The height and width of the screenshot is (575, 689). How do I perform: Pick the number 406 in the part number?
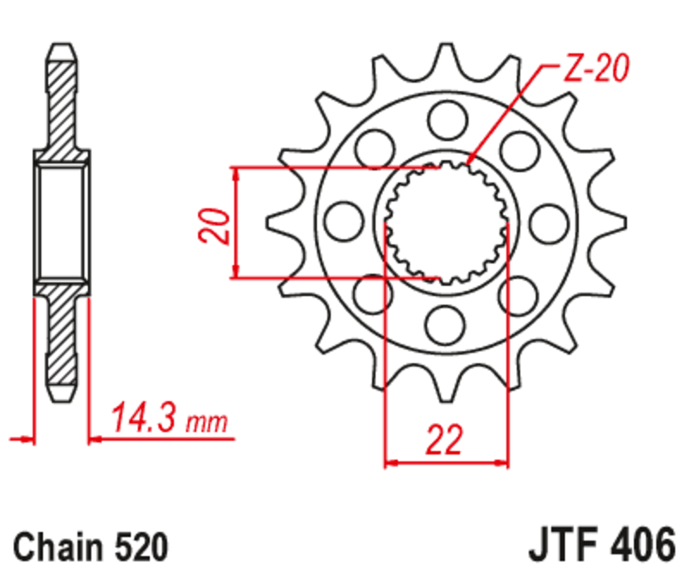click(641, 546)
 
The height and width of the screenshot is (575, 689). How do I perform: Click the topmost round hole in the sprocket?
click(446, 115)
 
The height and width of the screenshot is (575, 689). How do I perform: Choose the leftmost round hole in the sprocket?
click(342, 220)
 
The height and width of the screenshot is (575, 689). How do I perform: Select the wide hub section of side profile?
click(60, 222)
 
